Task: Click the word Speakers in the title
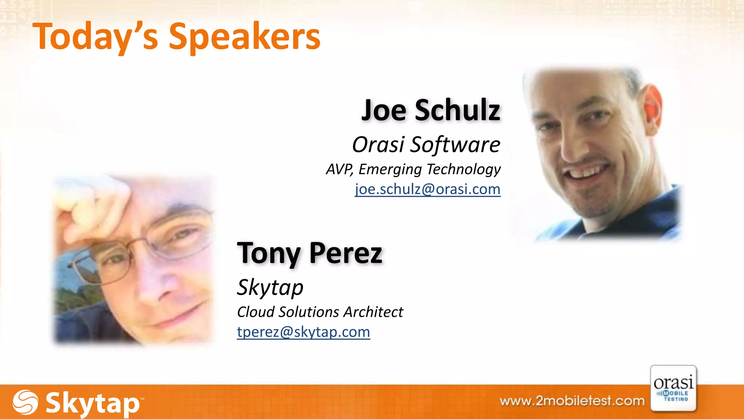click(244, 37)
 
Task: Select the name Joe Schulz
click(431, 110)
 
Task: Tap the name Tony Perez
click(310, 253)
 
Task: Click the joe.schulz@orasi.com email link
click(428, 189)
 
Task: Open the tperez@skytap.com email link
click(303, 332)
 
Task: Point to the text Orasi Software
click(426, 144)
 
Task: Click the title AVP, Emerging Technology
click(413, 169)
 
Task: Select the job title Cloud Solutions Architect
click(320, 312)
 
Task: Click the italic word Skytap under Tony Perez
click(270, 287)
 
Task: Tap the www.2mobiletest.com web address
click(572, 401)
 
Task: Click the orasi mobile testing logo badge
click(673, 389)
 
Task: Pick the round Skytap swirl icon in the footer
click(25, 402)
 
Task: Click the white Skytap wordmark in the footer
click(93, 403)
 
